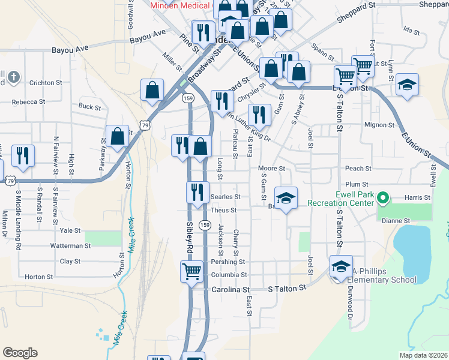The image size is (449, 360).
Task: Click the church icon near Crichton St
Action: pyautogui.click(x=14, y=77)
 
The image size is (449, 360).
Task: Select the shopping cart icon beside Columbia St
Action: pyautogui.click(x=191, y=272)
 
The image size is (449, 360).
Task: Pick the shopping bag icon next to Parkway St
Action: pyautogui.click(x=118, y=136)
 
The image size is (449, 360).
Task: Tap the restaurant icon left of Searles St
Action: pyautogui.click(x=196, y=193)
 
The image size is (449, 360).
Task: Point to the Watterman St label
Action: pyautogui.click(x=71, y=246)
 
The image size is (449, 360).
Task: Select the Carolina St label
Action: pyautogui.click(x=231, y=289)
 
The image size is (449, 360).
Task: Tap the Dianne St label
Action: pyautogui.click(x=396, y=220)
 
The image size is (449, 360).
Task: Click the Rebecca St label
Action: pyautogui.click(x=28, y=102)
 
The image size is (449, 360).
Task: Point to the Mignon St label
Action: pyautogui.click(x=379, y=125)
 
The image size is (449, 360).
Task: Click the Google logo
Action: pyautogui.click(x=20, y=353)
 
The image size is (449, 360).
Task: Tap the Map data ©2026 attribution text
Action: pyautogui.click(x=423, y=355)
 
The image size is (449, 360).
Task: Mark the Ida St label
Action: pyautogui.click(x=411, y=29)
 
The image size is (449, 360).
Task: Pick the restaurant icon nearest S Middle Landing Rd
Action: pyautogui.click(x=23, y=155)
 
